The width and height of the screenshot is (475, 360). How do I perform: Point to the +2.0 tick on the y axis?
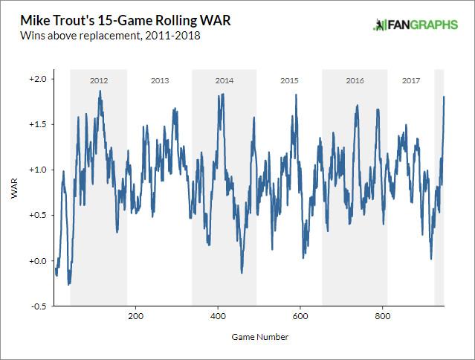37,79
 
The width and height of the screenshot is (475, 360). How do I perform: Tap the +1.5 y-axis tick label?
37,124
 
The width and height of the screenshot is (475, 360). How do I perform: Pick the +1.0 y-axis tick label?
37,170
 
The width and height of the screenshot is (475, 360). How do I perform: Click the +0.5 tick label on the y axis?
37,215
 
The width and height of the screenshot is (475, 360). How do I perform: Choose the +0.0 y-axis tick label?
37,260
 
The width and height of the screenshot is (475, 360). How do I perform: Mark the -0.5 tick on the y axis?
38,306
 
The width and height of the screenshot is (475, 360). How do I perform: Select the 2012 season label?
99,80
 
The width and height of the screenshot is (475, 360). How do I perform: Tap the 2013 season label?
160,80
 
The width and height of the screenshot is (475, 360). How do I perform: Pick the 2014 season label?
224,80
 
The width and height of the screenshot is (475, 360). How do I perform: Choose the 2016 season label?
355,80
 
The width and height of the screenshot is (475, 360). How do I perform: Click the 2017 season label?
410,80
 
